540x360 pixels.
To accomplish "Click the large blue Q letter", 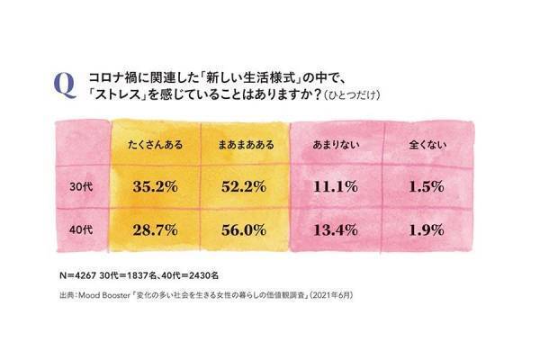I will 65,85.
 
